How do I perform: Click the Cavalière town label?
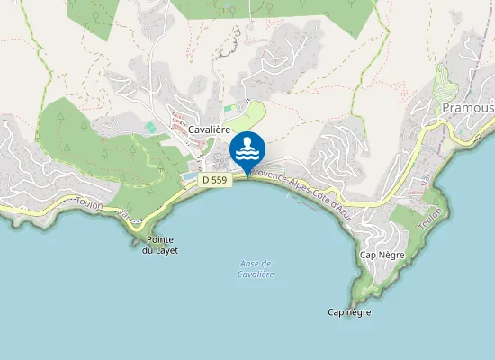pyautogui.click(x=211, y=130)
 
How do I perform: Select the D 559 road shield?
pyautogui.click(x=215, y=180)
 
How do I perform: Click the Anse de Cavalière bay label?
pyautogui.click(x=256, y=268)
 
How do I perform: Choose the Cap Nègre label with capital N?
pyautogui.click(x=383, y=255)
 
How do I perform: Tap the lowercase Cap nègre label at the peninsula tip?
pyautogui.click(x=349, y=312)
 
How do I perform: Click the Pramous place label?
pyautogui.click(x=468, y=108)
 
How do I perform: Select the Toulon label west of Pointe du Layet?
pyautogui.click(x=92, y=206)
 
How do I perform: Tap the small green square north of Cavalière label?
pyautogui.click(x=228, y=109)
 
